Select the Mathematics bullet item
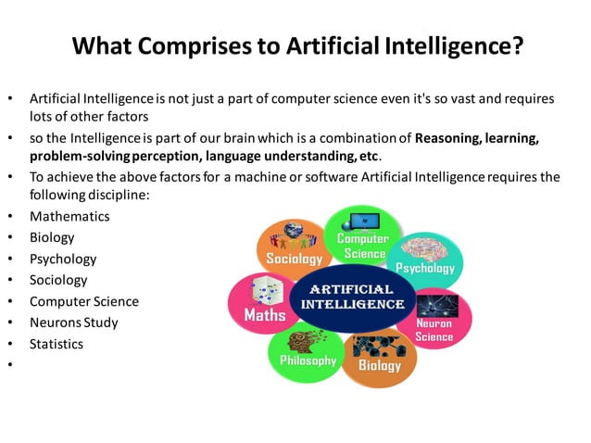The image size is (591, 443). point(69,216)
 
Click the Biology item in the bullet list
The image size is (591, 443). point(52,237)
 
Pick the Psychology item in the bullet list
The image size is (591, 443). point(63,259)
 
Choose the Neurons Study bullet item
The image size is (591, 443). point(74,323)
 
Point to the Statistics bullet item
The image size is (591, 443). point(57,344)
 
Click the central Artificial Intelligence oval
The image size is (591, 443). point(349,297)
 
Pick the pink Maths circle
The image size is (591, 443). point(262,304)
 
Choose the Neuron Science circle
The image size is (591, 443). point(434,320)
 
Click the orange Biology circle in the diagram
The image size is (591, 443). point(381,357)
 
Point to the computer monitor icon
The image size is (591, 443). point(364,221)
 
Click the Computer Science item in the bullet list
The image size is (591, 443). point(84,301)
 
